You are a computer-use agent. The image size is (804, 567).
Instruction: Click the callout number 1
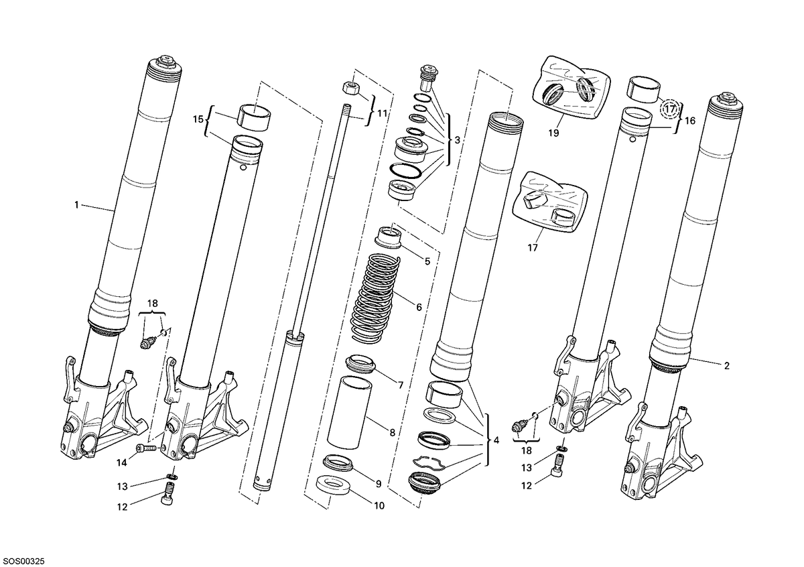point(76,205)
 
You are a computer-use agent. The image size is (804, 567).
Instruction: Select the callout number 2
point(727,366)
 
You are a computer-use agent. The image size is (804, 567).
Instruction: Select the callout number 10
point(379,505)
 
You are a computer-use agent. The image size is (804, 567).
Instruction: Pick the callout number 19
point(554,133)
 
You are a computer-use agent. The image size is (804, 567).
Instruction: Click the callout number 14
point(122,463)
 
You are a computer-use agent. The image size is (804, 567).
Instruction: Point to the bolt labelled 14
point(146,448)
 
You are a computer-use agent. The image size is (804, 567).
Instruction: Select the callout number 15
point(198,119)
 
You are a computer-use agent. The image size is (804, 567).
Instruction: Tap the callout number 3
point(457,140)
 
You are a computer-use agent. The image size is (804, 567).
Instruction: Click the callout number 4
point(496,440)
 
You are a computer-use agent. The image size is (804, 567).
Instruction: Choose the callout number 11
point(383,113)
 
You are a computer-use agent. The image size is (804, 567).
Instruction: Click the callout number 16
point(690,121)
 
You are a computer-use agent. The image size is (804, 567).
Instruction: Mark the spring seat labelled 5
point(389,237)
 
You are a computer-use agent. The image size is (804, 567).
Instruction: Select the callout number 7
point(401,385)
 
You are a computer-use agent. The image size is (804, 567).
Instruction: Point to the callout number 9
point(379,484)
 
